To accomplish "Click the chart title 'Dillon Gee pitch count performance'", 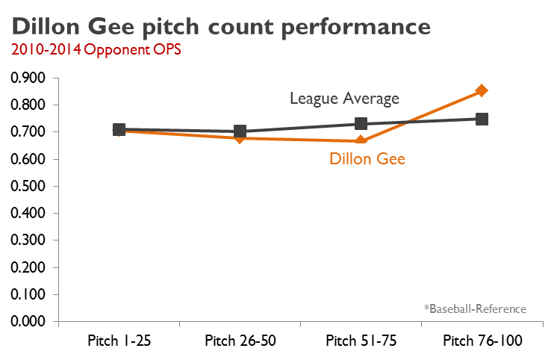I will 221,27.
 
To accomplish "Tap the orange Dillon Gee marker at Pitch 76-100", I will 482,90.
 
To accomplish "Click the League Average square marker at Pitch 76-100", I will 482,119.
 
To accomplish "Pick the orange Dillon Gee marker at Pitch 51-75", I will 361,140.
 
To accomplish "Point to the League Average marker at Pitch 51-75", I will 361,124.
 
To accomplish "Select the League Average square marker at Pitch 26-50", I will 240,131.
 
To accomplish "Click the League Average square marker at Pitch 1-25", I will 119,129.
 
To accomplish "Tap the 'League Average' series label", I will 344,99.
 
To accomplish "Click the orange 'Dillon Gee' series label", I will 367,158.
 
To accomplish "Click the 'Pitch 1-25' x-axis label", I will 119,341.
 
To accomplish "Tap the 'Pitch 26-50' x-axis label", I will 240,341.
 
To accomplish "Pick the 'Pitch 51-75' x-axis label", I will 361,341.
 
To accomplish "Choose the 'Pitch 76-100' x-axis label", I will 482,341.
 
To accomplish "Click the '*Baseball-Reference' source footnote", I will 475,308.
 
